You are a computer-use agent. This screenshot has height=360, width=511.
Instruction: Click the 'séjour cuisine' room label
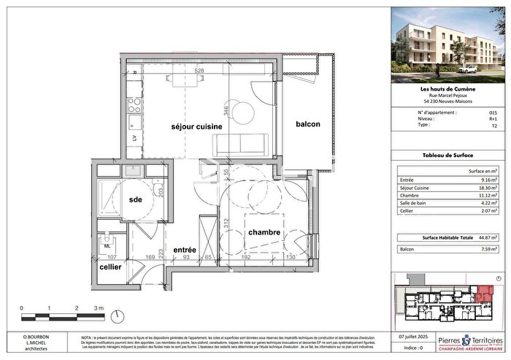pyautogui.click(x=185, y=126)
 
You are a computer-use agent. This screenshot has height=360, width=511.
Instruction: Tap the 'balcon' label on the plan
pyautogui.click(x=308, y=125)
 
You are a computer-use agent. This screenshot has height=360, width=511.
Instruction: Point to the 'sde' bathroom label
pyautogui.click(x=134, y=199)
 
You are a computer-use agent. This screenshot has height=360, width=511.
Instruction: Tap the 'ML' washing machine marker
pyautogui.click(x=107, y=245)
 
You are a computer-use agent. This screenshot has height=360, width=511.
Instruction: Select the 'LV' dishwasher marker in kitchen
pyautogui.click(x=134, y=137)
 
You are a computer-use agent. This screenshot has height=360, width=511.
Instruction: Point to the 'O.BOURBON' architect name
pyautogui.click(x=26, y=337)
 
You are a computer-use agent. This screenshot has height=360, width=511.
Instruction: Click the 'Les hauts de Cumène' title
pyautogui.click(x=448, y=90)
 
